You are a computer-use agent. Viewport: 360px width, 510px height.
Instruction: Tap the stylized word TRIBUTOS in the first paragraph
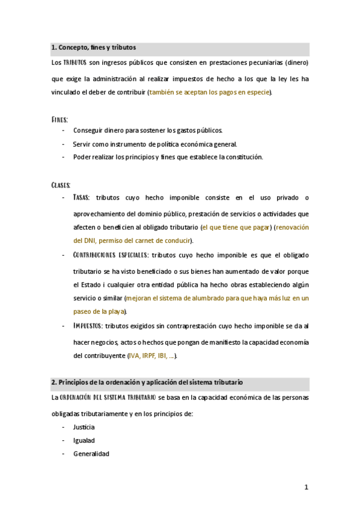coord(75,63)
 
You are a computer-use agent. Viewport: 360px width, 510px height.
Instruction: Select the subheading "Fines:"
coord(59,120)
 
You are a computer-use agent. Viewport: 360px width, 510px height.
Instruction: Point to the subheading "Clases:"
coord(61,184)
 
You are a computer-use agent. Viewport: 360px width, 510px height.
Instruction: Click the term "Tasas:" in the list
coord(81,197)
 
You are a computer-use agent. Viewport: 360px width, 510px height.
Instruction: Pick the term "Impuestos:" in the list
coord(87,326)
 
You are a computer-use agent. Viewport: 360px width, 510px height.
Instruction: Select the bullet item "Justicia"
coord(84,427)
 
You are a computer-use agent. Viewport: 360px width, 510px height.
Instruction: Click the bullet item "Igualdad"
coord(84,440)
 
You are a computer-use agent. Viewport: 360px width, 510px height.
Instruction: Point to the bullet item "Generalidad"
coord(91,453)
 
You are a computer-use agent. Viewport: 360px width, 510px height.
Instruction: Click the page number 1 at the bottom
coord(306,487)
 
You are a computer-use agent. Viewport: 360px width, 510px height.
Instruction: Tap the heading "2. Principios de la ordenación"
coord(147,382)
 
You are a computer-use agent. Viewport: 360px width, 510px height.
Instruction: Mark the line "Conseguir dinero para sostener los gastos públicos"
coord(147,130)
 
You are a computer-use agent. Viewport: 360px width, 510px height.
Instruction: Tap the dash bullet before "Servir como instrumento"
coord(64,144)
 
